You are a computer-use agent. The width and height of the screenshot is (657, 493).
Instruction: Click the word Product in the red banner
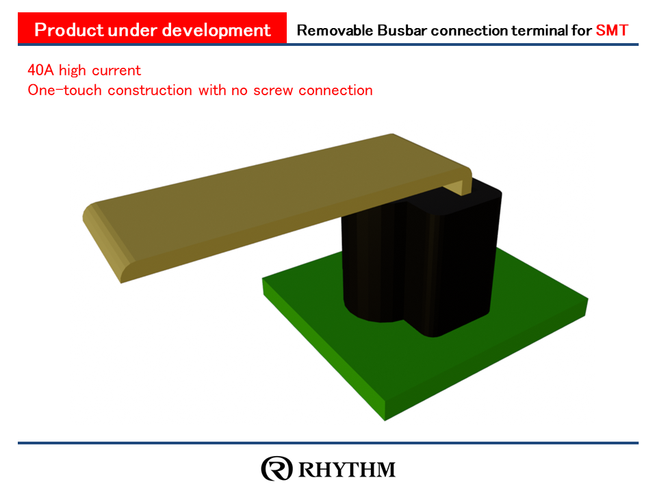[69, 30]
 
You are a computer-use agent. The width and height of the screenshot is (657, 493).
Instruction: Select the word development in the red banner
[216, 30]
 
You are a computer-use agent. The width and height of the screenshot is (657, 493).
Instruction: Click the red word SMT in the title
[612, 30]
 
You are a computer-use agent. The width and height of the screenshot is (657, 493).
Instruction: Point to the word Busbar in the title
[402, 30]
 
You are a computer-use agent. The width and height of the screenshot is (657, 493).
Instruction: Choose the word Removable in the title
[335, 30]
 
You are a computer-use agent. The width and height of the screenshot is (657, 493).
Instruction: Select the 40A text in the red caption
[40, 70]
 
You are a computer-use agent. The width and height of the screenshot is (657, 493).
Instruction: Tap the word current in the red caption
[116, 71]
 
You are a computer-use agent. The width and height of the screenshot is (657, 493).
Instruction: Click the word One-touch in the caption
[64, 90]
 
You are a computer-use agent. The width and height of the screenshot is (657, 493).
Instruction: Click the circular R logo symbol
[276, 468]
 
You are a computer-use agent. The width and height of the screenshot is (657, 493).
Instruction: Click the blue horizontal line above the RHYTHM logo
[328, 443]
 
